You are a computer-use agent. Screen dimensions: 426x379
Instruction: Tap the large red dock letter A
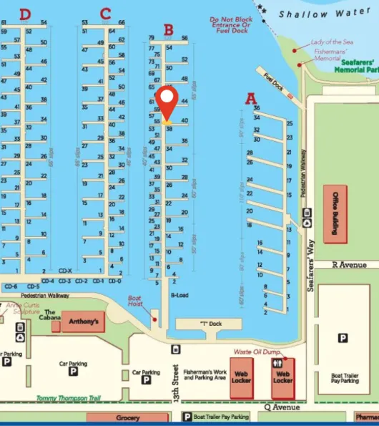point(251,99)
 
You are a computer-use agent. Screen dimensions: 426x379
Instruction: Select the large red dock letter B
point(169,30)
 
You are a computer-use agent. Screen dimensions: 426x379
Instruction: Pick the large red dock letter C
point(106,14)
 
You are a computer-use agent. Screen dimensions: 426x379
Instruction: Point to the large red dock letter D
point(26,14)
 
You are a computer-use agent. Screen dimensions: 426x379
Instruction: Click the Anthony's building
point(83,321)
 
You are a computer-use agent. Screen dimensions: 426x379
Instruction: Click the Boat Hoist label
point(135,302)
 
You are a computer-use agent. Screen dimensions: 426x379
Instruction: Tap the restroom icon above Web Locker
point(282,364)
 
